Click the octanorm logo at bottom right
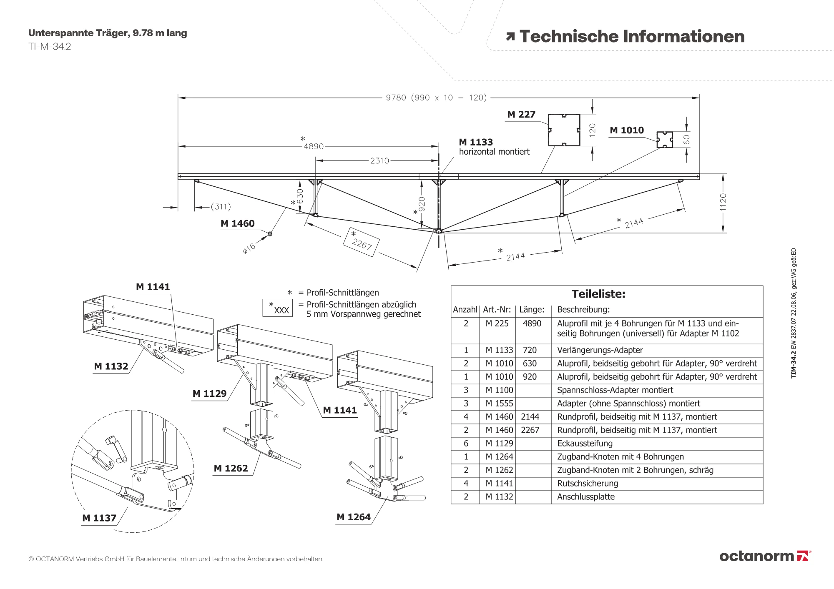(765, 556)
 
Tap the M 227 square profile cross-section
(564, 130)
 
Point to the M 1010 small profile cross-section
(664, 140)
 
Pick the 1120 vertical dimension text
(723, 202)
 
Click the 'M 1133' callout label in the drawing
(476, 142)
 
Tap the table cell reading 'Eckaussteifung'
(585, 444)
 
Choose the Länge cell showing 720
(530, 350)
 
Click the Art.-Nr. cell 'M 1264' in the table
(499, 457)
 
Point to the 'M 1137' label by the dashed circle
(99, 518)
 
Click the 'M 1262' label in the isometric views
(231, 469)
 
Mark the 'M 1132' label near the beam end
(111, 366)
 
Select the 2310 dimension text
(379, 160)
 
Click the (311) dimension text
(221, 207)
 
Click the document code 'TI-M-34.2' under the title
(50, 47)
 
